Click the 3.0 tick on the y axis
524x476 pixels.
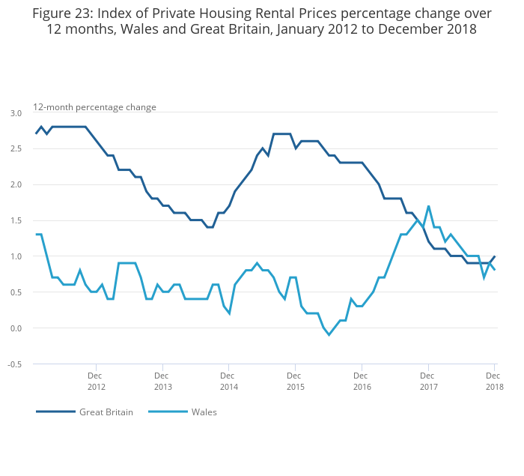coord(16,113)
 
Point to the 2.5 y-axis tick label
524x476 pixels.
coord(16,149)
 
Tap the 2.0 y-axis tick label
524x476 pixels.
coord(16,184)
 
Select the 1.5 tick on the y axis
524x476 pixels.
coord(16,220)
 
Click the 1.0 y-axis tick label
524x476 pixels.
coord(16,256)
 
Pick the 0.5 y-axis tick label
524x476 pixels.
coord(16,292)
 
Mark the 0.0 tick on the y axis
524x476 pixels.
coord(16,328)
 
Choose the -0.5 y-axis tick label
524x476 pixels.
coord(14,364)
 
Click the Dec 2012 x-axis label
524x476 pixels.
coord(96,381)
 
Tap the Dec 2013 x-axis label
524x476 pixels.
coord(162,381)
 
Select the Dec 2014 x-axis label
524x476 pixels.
coord(228,381)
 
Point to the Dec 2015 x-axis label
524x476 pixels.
coord(295,381)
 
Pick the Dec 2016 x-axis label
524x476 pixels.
coord(362,381)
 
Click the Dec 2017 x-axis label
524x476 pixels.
coord(428,381)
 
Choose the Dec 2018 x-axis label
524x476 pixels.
coord(494,381)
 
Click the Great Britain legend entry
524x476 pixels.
coord(106,412)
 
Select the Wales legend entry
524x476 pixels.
coord(204,412)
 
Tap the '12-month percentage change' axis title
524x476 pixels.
coord(94,107)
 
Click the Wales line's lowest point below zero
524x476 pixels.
coord(329,335)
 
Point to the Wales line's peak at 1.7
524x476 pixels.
coord(428,206)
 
